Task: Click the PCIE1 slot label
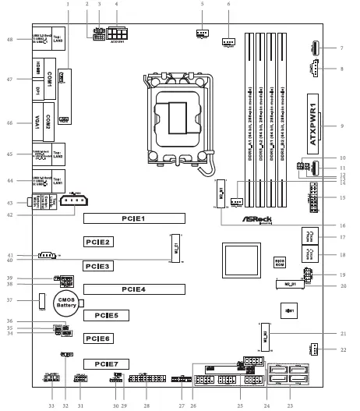[x=133, y=218]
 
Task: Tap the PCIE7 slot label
[x=106, y=363]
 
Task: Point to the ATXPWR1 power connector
[x=314, y=124]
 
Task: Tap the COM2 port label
[x=48, y=121]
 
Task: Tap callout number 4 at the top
[x=116, y=5]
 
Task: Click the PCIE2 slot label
[x=99, y=243]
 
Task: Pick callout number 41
[x=9, y=255]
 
